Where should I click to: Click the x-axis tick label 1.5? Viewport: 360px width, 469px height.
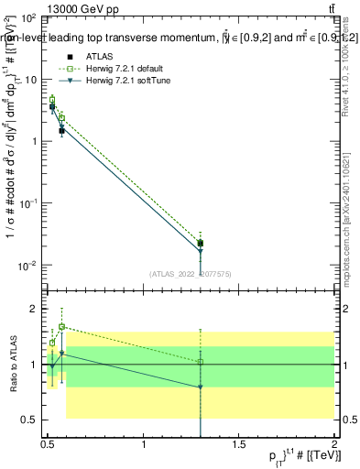tap(239, 444)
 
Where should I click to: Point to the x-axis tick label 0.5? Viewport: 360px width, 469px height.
tap(48, 444)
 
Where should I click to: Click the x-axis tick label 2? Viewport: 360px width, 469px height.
tap(333, 444)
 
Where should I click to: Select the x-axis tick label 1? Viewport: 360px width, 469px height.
tap(144, 444)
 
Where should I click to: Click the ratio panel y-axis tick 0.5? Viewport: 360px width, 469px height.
tap(32, 420)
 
